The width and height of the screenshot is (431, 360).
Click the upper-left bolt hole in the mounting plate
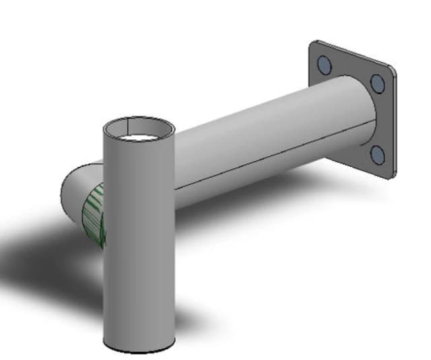(324, 64)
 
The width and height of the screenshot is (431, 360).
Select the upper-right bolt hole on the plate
(377, 83)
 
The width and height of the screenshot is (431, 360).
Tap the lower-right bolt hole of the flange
(378, 155)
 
